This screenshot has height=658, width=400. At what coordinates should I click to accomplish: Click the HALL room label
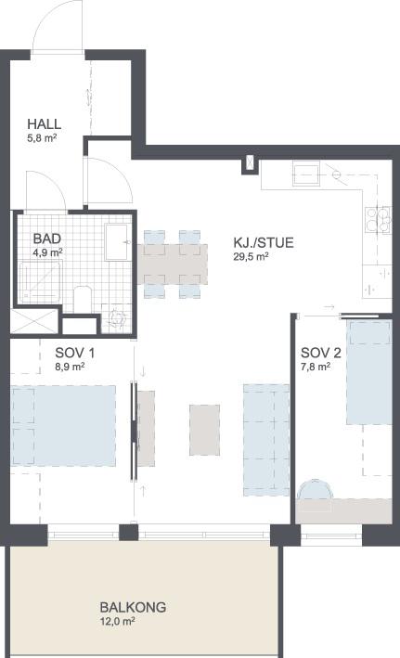point(44,124)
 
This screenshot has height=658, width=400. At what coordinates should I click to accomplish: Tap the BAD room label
point(47,239)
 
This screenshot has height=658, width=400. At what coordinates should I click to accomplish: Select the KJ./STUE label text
point(264,242)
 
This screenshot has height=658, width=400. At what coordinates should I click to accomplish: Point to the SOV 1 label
point(75,353)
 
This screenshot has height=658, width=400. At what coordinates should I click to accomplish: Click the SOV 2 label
point(321,353)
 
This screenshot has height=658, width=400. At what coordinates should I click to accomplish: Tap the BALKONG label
point(133,607)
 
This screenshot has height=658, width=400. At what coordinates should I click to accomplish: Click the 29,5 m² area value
point(251,257)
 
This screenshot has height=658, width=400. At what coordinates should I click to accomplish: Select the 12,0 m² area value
point(117,621)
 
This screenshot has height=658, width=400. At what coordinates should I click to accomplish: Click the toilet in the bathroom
point(83,299)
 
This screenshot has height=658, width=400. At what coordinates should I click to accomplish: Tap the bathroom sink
point(116,242)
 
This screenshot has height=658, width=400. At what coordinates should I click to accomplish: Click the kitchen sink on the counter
point(306,174)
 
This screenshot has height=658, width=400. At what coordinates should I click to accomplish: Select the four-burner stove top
point(378,219)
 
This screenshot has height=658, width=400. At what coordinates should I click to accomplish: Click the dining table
point(173,264)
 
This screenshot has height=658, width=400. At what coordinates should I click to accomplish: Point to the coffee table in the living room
point(204,430)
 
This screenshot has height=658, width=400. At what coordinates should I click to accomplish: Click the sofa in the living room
point(266,440)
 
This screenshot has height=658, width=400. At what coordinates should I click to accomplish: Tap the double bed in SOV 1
point(63,426)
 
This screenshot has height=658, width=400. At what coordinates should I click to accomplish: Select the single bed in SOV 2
point(369,372)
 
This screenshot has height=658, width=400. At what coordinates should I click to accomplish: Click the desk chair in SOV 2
point(315,490)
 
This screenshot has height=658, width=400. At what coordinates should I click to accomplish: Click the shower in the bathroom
point(41,281)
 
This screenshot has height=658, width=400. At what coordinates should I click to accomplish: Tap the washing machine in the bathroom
point(116,318)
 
